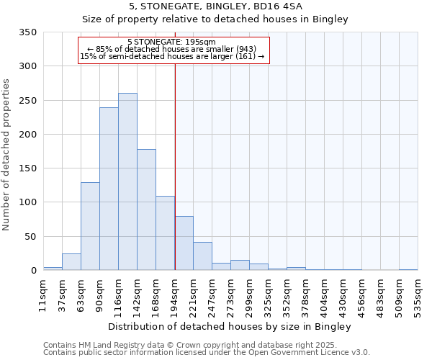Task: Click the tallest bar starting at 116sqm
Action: [127, 181]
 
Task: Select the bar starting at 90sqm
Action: [109, 189]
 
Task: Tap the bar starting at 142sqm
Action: [146, 210]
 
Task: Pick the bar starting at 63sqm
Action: [90, 226]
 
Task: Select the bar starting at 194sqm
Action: [184, 243]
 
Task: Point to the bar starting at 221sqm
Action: [202, 256]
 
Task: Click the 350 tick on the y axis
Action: [28, 32]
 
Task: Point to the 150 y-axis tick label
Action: [28, 168]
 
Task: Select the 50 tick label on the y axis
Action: [31, 236]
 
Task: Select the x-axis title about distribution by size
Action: [230, 326]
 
